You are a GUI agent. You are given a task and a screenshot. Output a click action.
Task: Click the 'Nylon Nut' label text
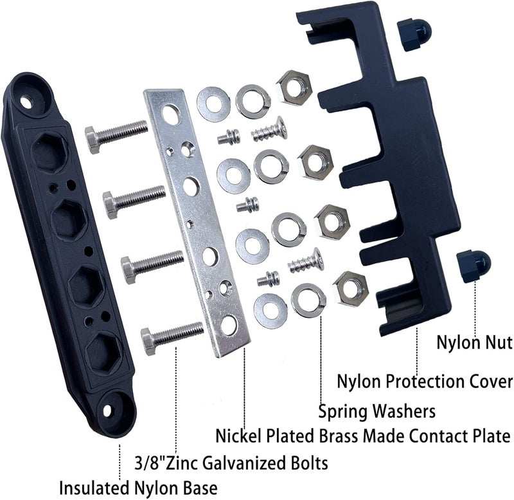[474, 342]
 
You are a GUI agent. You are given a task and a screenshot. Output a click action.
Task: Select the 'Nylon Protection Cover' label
[425, 381]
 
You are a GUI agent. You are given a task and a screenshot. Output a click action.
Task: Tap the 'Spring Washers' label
[377, 410]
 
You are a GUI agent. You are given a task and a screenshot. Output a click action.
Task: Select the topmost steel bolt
[116, 135]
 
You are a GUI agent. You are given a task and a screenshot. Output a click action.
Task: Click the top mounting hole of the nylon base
[29, 100]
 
